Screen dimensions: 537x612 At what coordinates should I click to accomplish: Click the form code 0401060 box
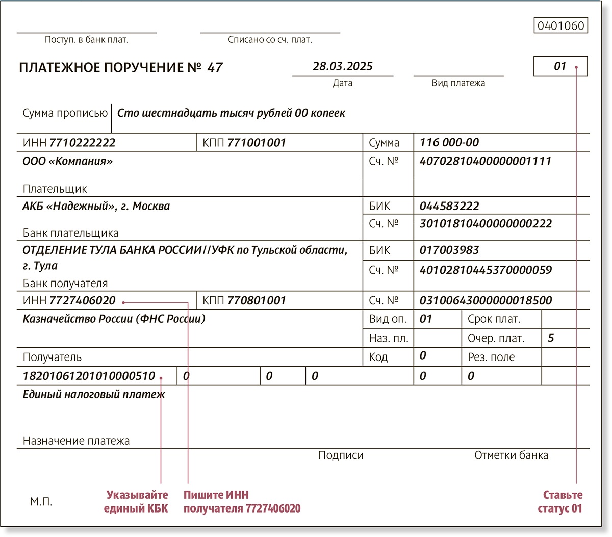560,25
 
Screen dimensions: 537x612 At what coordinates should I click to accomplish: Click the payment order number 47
215,68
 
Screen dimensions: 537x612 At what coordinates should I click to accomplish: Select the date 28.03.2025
342,66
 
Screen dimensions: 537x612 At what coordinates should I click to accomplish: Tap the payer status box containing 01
560,66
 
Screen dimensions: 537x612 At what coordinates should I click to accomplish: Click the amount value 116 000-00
449,143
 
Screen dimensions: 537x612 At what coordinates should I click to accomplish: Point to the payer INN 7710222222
82,143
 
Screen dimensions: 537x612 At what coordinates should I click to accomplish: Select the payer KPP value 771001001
256,143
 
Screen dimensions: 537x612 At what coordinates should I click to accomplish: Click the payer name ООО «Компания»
68,162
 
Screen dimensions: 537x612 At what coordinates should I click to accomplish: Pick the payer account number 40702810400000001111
485,161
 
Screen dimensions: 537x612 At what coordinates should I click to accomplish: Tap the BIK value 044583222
449,206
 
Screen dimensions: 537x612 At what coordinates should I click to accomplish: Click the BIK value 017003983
449,250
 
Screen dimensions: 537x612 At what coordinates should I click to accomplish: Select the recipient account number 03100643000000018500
485,300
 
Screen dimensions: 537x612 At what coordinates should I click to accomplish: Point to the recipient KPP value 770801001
256,300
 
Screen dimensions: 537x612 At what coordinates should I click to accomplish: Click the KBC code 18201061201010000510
89,376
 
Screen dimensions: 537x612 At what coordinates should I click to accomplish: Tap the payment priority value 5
550,338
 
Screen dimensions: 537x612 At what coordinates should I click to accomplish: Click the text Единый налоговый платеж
94,394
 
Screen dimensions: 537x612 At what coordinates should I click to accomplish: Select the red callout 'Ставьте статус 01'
560,502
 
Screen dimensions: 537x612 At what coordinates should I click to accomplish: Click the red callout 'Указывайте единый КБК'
136,502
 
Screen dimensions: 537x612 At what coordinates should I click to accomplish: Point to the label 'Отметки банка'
511,455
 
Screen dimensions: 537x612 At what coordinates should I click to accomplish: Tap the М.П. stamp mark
41,502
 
